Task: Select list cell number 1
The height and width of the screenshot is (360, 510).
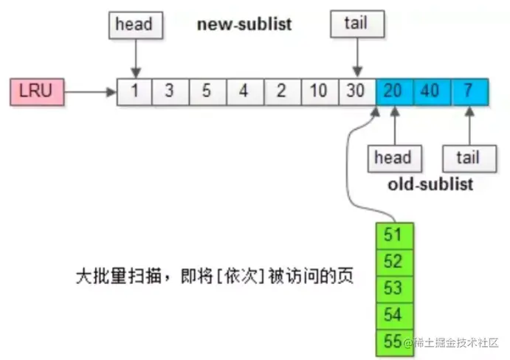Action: (135, 92)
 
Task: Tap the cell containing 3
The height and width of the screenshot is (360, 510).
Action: (170, 92)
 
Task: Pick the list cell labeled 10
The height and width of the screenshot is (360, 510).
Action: (319, 92)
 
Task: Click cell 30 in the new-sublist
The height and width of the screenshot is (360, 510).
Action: (356, 92)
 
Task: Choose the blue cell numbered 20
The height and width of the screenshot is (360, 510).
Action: (394, 92)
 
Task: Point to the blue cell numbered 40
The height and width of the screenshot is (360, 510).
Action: (432, 92)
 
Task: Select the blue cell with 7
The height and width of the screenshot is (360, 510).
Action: (469, 92)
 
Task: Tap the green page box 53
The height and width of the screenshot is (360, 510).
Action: (394, 288)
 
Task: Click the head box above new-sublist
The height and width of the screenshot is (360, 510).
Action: (134, 24)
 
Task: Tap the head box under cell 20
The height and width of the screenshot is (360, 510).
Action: (393, 158)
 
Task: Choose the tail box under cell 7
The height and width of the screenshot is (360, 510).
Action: (466, 158)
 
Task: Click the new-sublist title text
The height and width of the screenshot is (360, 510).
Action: (244, 24)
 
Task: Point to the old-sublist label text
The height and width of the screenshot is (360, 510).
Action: (430, 184)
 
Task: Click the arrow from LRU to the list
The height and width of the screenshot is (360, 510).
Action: (89, 92)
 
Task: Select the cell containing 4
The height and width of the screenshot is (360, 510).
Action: (244, 92)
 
